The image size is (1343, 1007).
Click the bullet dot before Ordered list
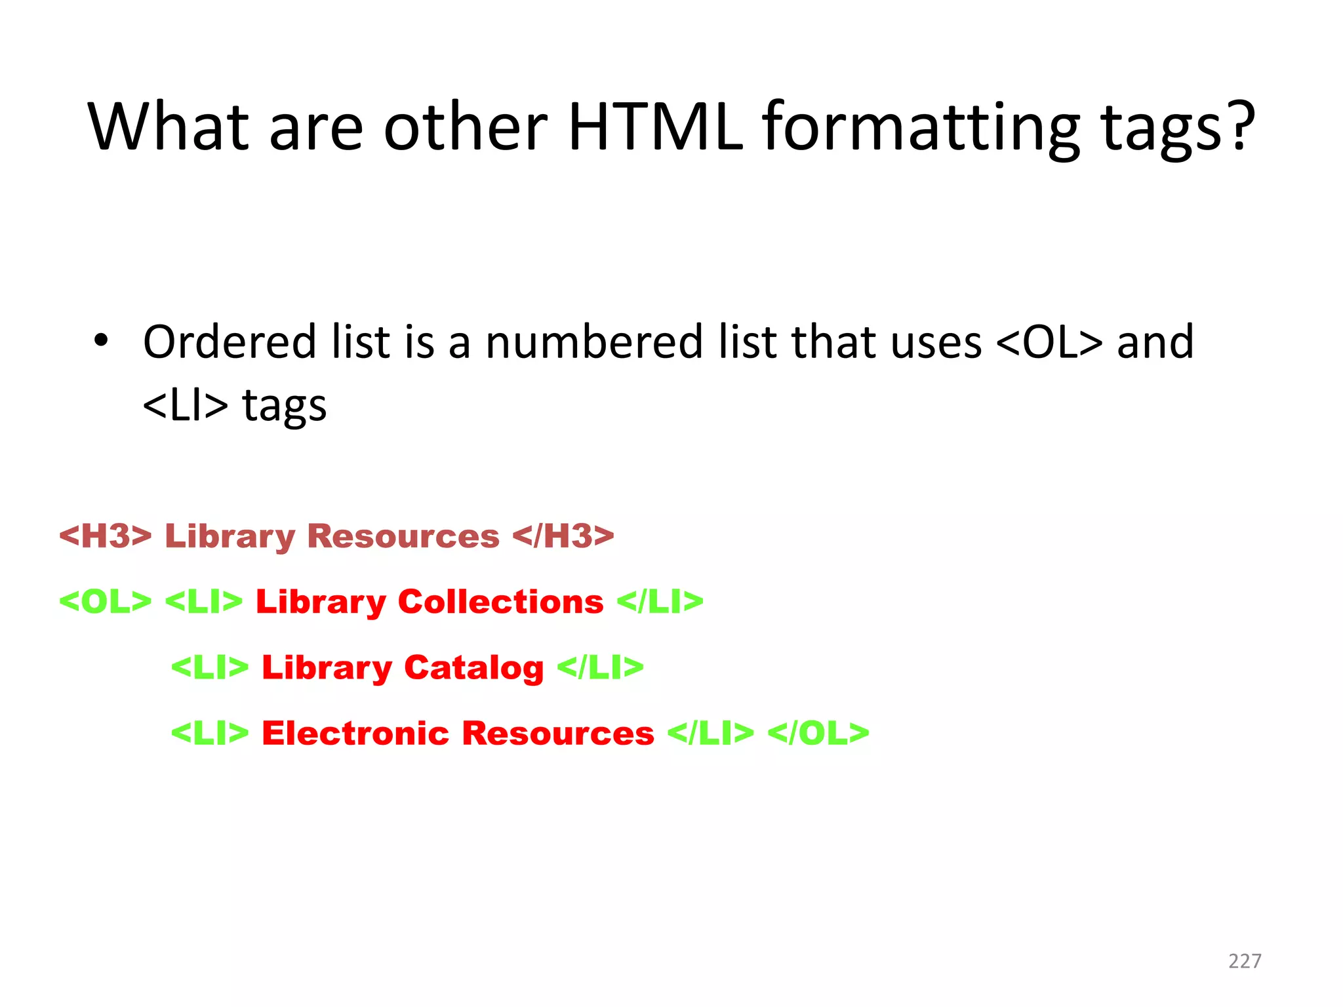coord(100,341)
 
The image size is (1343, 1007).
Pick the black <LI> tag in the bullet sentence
coord(185,405)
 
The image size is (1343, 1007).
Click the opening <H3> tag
coord(106,536)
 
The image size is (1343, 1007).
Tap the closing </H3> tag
coord(563,536)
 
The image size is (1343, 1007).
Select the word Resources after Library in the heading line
coord(403,536)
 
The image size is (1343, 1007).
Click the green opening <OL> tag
coord(106,601)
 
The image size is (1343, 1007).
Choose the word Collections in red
coord(500,601)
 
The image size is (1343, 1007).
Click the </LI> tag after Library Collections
coord(660,601)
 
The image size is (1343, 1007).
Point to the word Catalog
coord(473,667)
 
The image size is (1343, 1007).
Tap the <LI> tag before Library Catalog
coord(210,667)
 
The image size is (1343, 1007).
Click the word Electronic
coord(355,733)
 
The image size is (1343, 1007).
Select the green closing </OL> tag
coord(818,733)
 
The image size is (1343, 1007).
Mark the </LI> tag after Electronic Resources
coord(710,733)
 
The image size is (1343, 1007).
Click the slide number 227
coord(1245,961)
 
